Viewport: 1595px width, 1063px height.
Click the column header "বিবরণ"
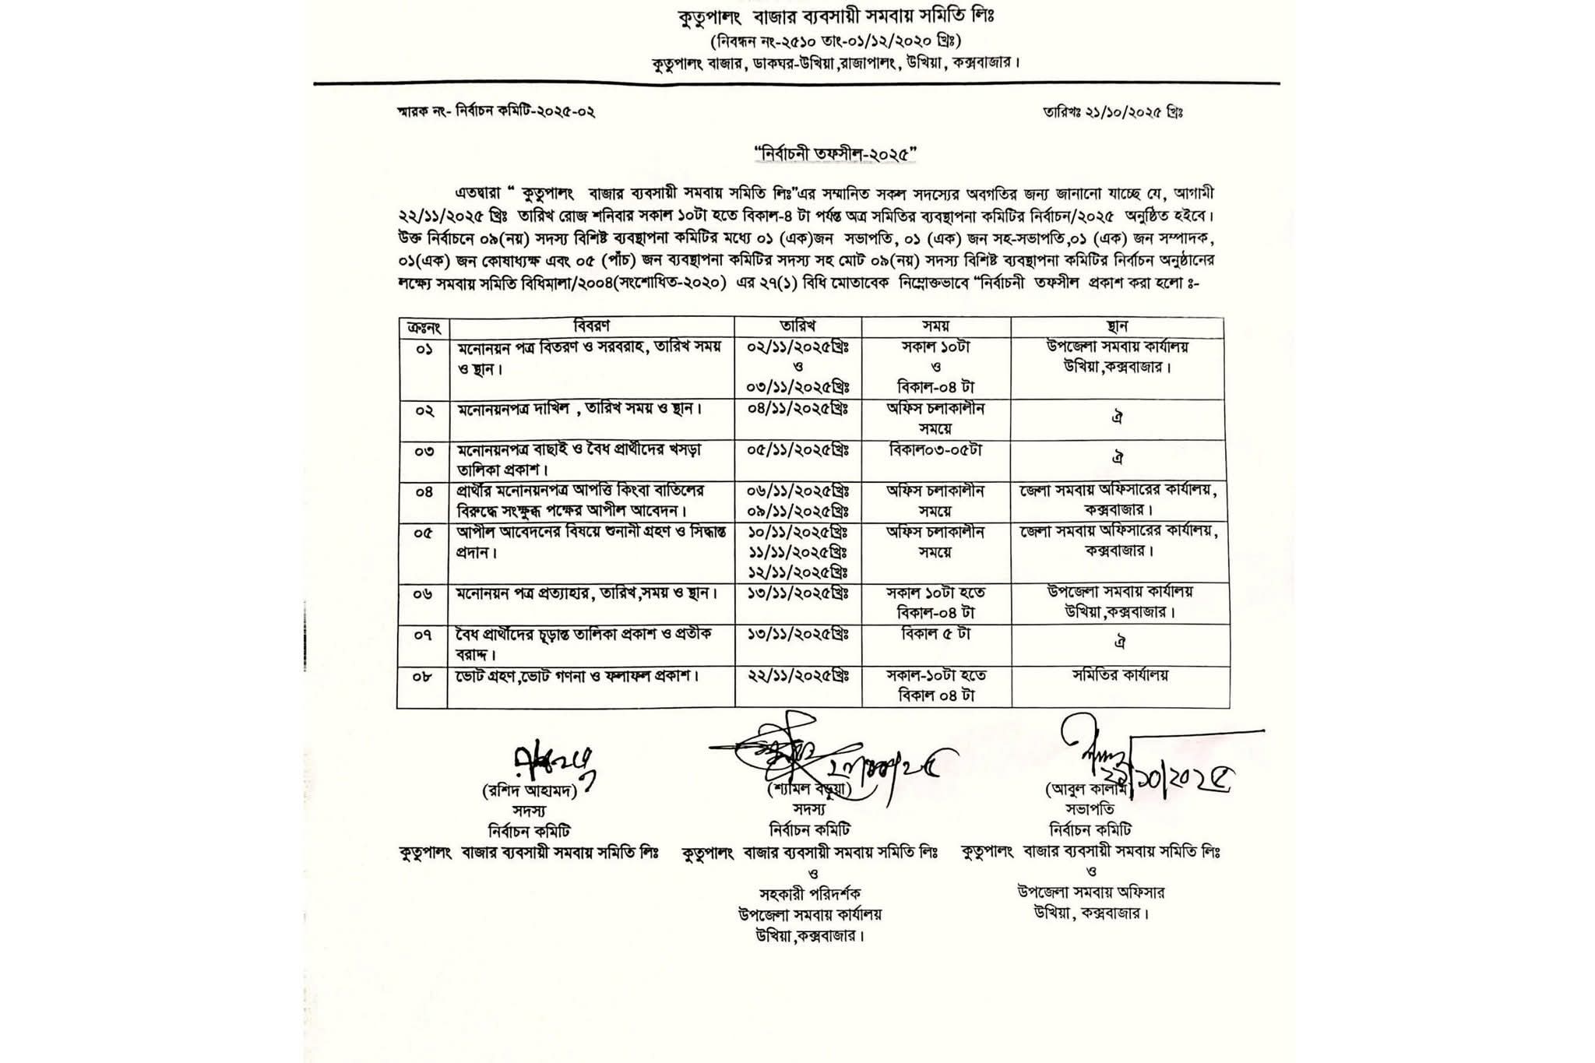(591, 326)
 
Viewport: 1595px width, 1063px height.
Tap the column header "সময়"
(935, 326)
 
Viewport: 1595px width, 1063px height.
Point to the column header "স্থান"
(1117, 326)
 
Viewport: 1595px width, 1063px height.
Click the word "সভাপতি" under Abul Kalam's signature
(1090, 811)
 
